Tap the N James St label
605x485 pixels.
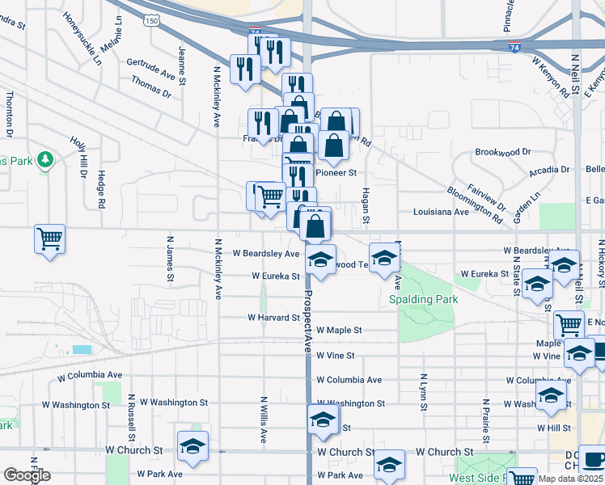coord(170,259)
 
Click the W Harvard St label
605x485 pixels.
coord(273,318)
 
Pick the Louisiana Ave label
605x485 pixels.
coord(440,212)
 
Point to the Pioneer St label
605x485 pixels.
coord(336,172)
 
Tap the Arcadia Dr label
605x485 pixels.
coord(549,171)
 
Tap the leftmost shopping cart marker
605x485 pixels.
coord(50,239)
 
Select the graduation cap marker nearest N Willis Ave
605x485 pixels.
coord(193,445)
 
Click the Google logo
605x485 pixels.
coord(27,476)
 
